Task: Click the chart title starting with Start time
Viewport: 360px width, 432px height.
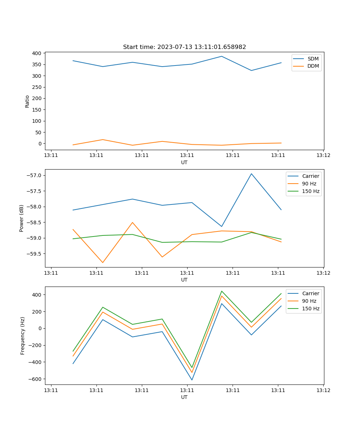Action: [x=184, y=47]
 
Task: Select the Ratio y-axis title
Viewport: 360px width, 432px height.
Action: [x=27, y=101]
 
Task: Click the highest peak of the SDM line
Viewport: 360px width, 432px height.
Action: [x=222, y=56]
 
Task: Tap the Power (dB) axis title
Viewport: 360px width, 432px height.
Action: [x=22, y=218]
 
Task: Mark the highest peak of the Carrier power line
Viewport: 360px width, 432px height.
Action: [x=251, y=174]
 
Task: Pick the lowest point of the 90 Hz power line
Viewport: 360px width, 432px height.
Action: [x=103, y=262]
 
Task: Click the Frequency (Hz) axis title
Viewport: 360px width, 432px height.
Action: [x=23, y=336]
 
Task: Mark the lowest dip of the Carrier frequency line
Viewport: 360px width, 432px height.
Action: [x=192, y=380]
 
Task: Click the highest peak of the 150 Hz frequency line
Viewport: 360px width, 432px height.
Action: [x=222, y=291]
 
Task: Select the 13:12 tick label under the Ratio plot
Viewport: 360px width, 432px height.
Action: [x=323, y=156]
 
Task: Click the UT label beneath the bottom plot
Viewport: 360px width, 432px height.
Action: [x=184, y=397]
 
